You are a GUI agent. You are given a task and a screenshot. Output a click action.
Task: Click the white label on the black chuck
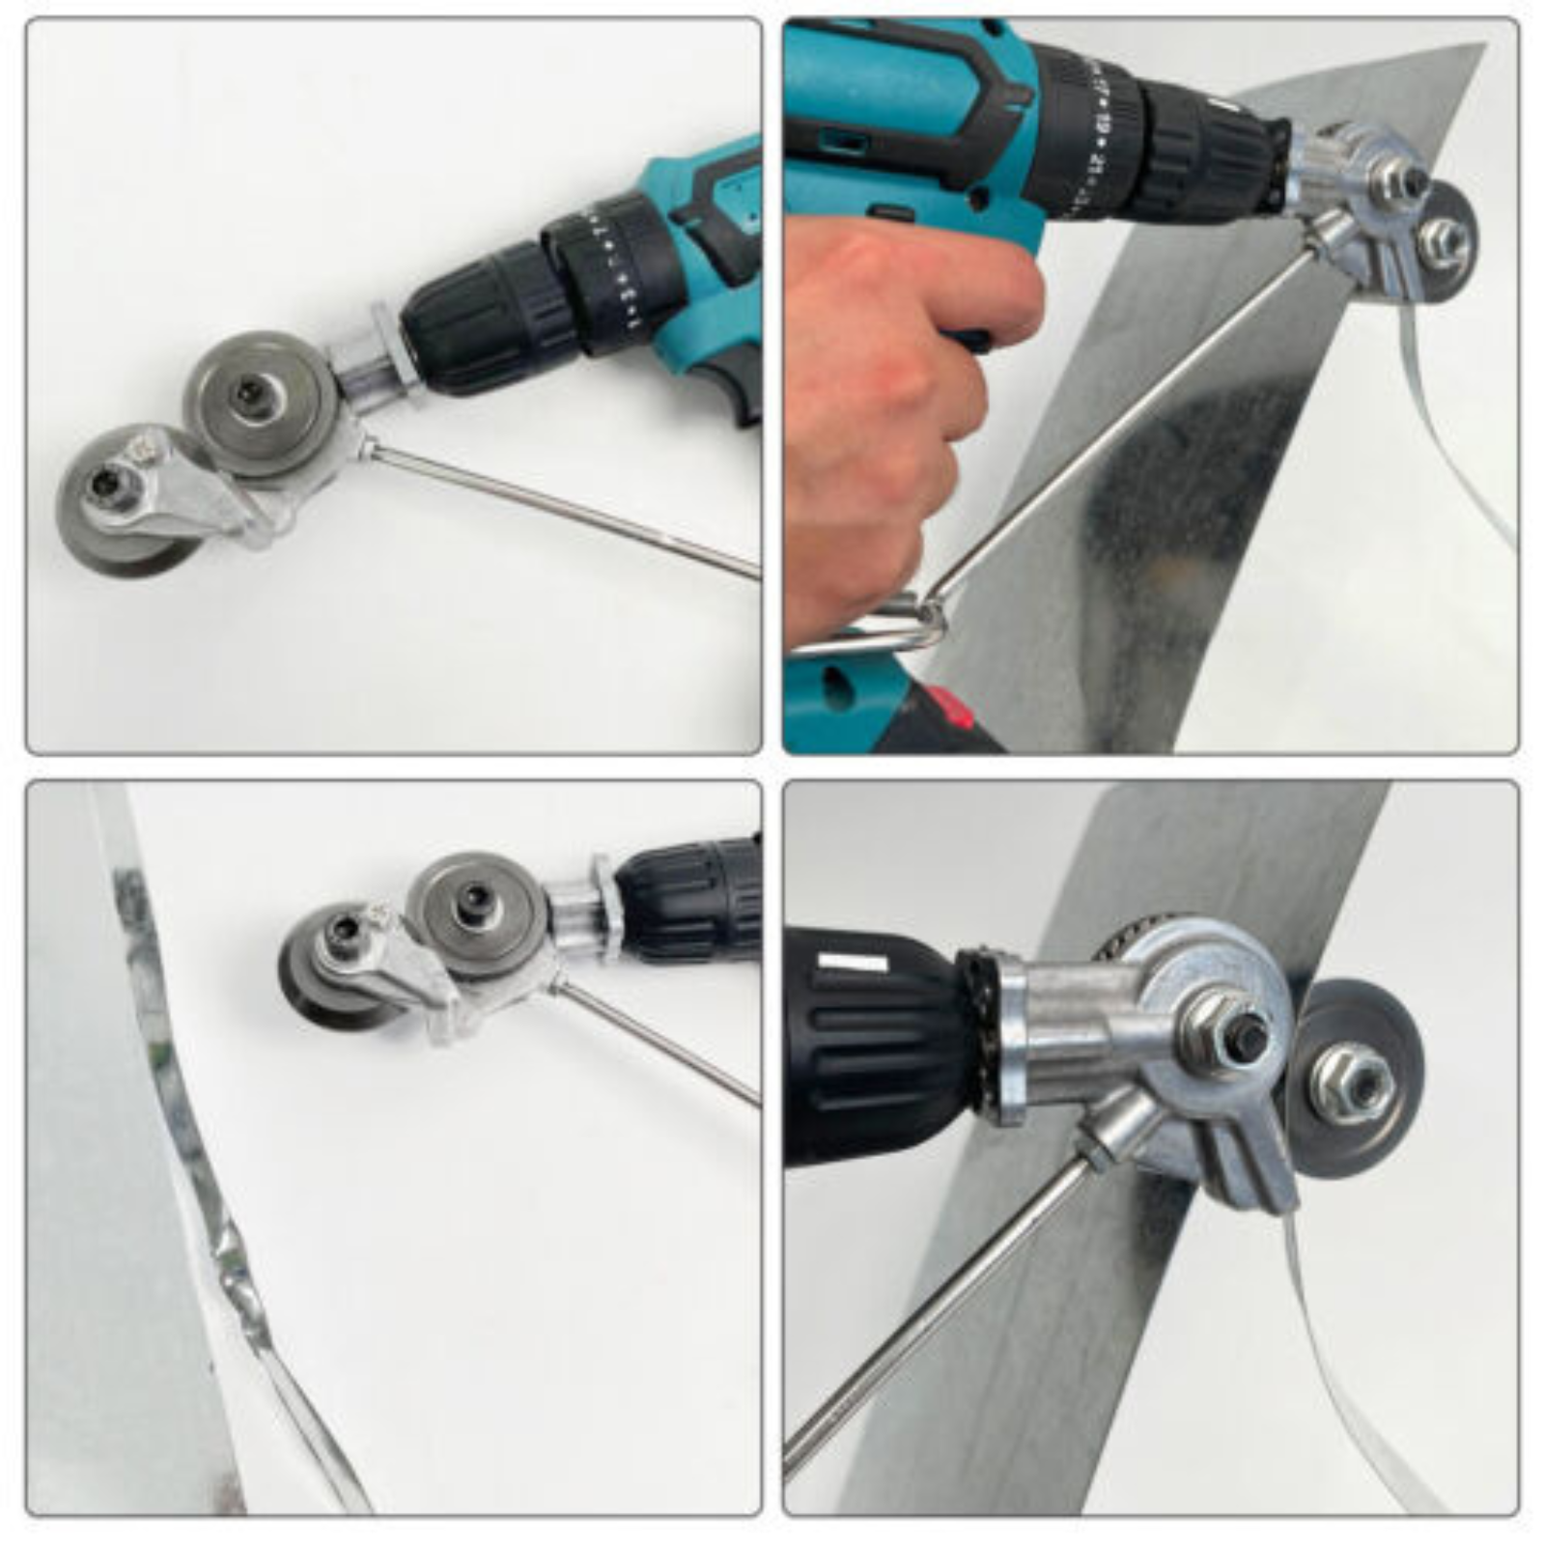point(851,963)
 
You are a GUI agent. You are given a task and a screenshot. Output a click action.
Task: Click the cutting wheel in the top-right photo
point(1448,241)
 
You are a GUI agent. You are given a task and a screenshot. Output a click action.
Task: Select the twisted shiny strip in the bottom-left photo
point(232,1255)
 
